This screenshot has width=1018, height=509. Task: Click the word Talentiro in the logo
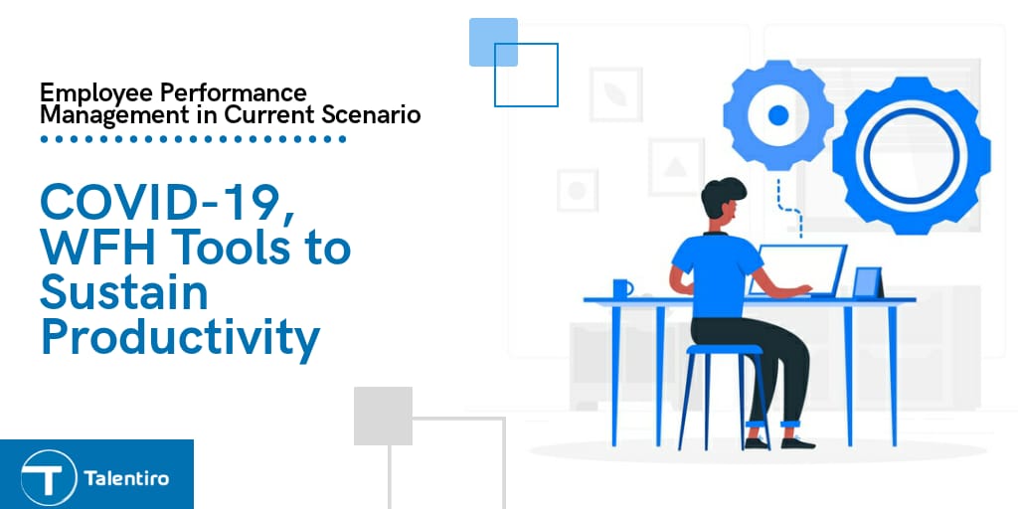[x=126, y=479]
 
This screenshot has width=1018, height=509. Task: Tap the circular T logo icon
[x=48, y=478]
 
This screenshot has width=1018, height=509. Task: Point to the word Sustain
[x=124, y=291]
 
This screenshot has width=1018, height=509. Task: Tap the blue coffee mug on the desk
[x=622, y=287]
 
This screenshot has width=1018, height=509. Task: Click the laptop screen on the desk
[x=798, y=268]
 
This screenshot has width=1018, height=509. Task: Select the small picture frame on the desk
[x=868, y=282]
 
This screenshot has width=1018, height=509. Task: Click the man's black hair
[x=722, y=195]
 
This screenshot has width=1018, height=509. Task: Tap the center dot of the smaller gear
[x=777, y=115]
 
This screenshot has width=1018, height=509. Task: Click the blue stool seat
[x=724, y=349]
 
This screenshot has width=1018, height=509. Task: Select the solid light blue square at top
[x=493, y=42]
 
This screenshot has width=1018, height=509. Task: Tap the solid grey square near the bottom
[x=383, y=417]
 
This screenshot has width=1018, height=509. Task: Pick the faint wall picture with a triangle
[x=676, y=167]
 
